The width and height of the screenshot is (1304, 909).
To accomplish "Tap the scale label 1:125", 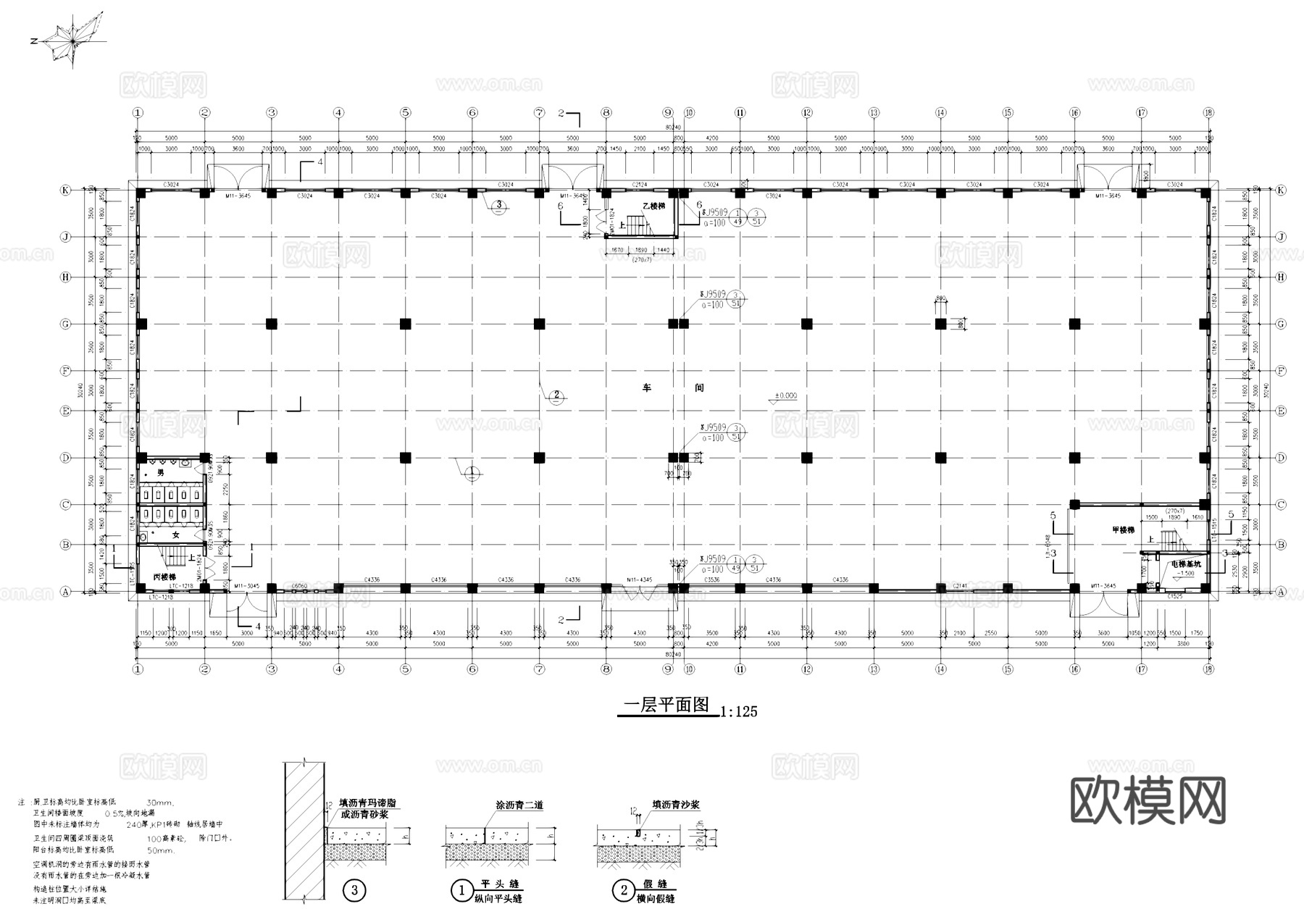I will [x=739, y=712].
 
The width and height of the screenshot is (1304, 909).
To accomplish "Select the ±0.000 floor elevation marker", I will [x=785, y=396].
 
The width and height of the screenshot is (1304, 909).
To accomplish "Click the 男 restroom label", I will [x=161, y=472].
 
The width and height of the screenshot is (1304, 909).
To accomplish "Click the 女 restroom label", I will [x=175, y=535].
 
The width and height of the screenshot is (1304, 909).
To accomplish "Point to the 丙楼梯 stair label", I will [x=164, y=577].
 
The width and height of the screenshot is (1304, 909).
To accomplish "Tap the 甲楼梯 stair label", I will [x=1123, y=530].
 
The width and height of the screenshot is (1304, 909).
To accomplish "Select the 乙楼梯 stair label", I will [x=653, y=206].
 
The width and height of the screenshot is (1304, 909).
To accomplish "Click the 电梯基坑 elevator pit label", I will [x=1186, y=564].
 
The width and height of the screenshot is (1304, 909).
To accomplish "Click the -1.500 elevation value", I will [x=1185, y=573].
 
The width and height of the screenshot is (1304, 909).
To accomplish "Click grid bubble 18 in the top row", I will [x=1208, y=112].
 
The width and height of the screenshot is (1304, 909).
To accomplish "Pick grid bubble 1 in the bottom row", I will [x=138, y=669].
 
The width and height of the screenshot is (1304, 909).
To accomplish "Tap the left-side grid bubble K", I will [x=66, y=190].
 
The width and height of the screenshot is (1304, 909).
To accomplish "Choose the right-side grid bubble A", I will [x=1281, y=592].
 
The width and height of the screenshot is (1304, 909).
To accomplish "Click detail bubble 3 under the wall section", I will [x=354, y=890].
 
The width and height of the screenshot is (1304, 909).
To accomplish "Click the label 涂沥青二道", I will [x=519, y=805].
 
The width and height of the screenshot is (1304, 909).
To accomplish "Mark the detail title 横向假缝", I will [x=655, y=898].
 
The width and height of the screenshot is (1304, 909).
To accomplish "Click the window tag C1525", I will [x=1175, y=596].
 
